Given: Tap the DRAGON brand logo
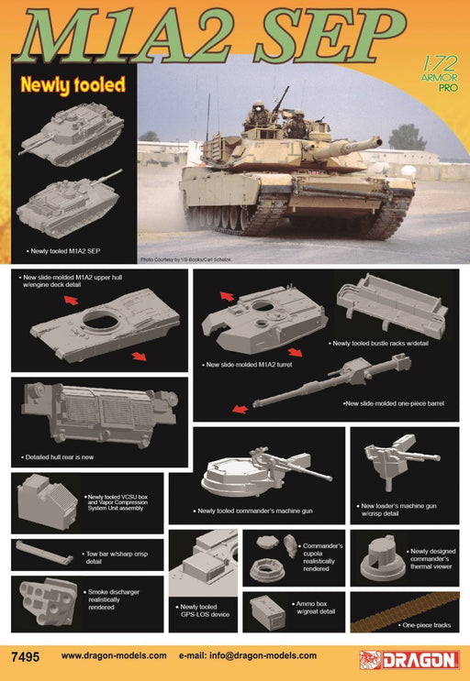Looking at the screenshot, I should [409, 659].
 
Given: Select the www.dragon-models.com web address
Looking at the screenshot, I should [114, 656].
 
